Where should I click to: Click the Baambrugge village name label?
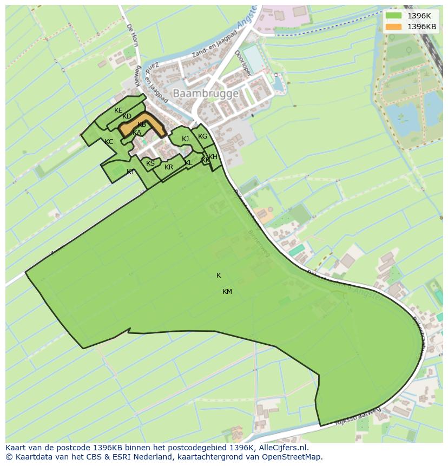point(205,94)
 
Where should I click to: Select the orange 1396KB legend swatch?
point(393,27)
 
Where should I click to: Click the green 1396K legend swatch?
point(393,16)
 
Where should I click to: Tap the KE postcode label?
point(118,110)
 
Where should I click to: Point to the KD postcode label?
point(127,116)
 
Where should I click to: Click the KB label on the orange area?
point(142,124)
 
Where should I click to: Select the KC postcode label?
point(109,142)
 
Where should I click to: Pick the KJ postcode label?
point(185,139)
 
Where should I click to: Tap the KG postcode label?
point(202,136)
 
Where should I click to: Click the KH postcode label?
point(213,157)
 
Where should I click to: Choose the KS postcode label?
point(150,163)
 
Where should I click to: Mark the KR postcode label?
point(169,167)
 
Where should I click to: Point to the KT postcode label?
point(130,172)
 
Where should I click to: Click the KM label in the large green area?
point(227,292)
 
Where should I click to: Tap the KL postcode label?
point(188,163)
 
